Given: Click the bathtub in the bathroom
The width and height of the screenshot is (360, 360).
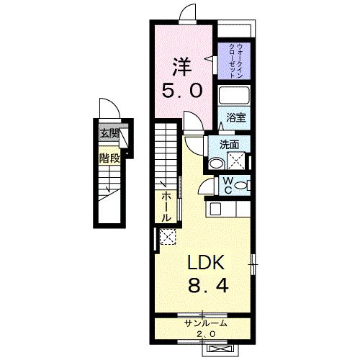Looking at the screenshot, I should click(233, 96).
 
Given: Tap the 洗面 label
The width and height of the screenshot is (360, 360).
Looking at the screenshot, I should click(230, 144).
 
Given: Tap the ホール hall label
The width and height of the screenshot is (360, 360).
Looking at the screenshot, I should click(166, 206).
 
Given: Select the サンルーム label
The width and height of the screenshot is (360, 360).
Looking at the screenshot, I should click(205, 324).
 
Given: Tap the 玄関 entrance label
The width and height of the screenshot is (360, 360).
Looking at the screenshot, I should click(109, 132).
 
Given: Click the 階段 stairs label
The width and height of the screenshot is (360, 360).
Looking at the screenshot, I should click(109, 157).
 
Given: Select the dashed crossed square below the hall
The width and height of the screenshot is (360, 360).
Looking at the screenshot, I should click(167, 235).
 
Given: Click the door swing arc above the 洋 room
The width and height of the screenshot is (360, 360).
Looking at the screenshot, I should click(188, 13).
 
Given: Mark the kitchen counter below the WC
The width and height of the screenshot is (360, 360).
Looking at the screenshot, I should click(229, 210).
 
